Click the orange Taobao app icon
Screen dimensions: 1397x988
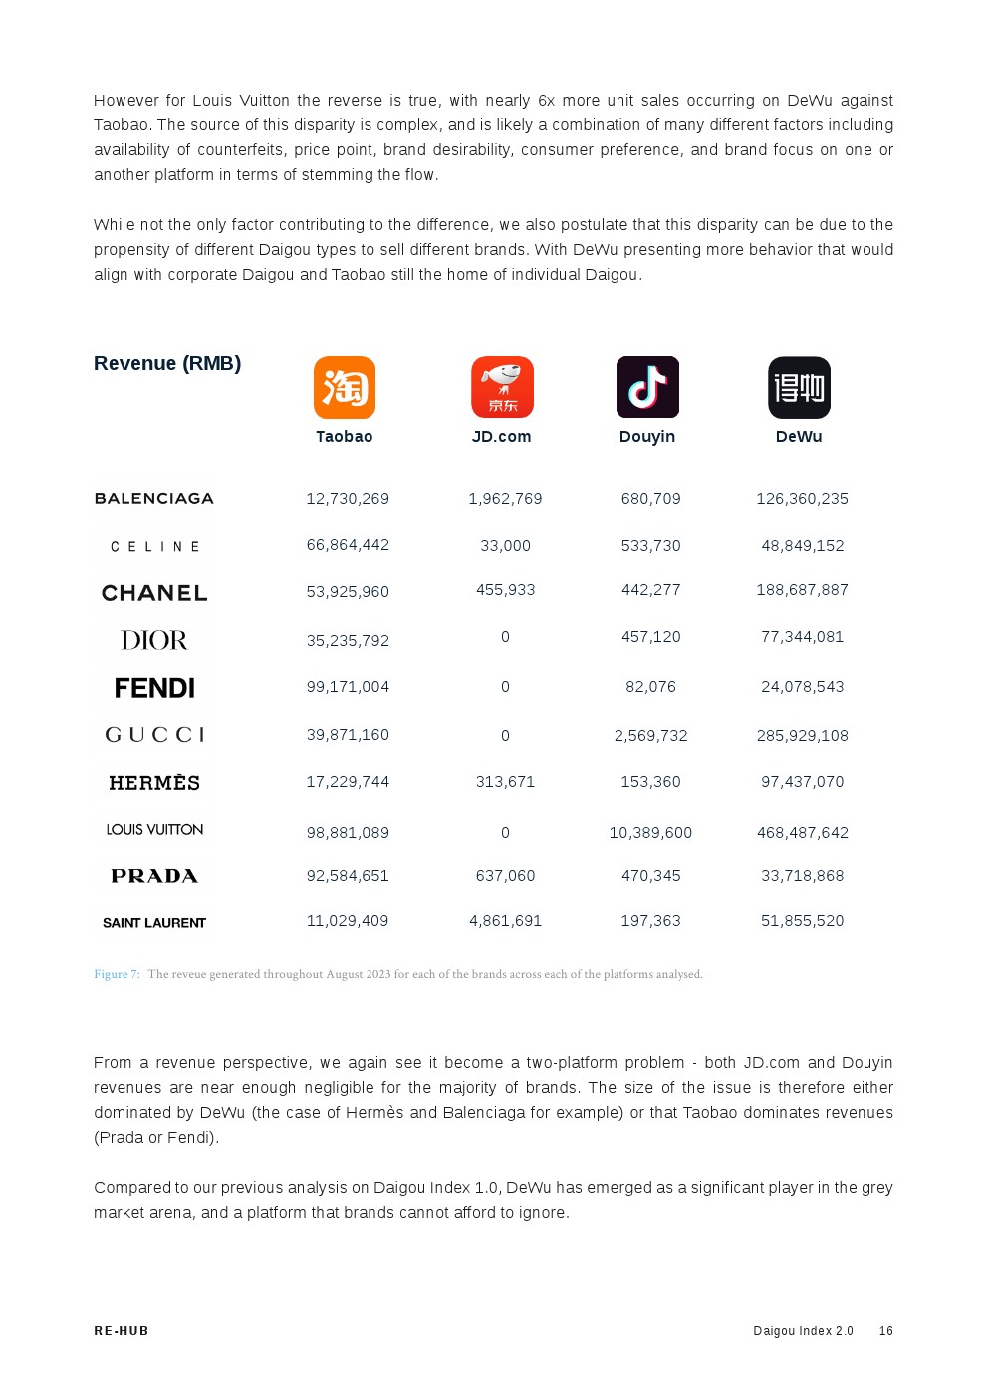[x=345, y=387]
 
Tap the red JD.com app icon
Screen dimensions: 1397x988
[x=502, y=387]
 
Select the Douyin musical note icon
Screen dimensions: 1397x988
[x=647, y=387]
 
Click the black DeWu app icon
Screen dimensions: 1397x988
[x=799, y=387]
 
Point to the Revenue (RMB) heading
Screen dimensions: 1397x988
[x=167, y=363]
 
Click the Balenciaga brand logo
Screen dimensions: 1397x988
[x=154, y=498]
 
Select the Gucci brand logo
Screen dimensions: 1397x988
[x=154, y=735]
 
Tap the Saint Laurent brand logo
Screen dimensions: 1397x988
[x=154, y=923]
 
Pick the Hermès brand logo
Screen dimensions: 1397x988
[x=154, y=783]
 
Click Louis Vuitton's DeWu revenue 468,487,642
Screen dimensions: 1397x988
[x=802, y=832]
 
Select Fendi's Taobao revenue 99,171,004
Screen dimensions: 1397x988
[x=348, y=687]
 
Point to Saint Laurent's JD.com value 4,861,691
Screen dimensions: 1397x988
[x=505, y=921]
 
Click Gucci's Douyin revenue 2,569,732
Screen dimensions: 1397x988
[x=650, y=736]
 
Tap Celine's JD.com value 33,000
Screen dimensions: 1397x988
[x=505, y=546]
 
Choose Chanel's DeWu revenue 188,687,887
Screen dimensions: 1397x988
[x=802, y=590]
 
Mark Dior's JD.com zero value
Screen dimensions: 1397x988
[x=505, y=637]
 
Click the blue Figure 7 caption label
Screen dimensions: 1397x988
[x=117, y=974]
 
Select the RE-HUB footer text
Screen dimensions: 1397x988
[x=122, y=1331]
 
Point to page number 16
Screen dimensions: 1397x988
[x=885, y=1331]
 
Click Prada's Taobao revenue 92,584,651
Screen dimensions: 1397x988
[x=348, y=876]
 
